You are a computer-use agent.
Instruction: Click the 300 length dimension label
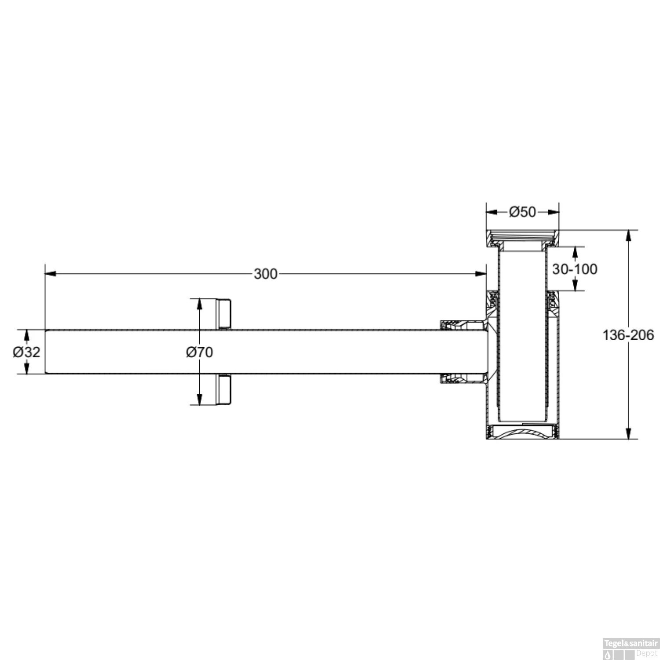coord(265,274)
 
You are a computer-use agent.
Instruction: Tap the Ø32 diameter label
coord(26,352)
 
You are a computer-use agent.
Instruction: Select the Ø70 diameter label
coord(199,352)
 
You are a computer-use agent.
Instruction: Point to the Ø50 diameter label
coord(522,212)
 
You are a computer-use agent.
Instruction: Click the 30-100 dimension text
coord(575,269)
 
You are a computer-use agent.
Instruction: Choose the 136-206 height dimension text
coord(628,335)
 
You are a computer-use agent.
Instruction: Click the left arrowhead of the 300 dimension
coord(50,274)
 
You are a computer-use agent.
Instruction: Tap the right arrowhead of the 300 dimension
coord(481,274)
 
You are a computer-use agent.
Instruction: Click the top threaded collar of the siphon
coord(522,238)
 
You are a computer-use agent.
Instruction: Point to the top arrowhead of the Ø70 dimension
coord(199,304)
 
